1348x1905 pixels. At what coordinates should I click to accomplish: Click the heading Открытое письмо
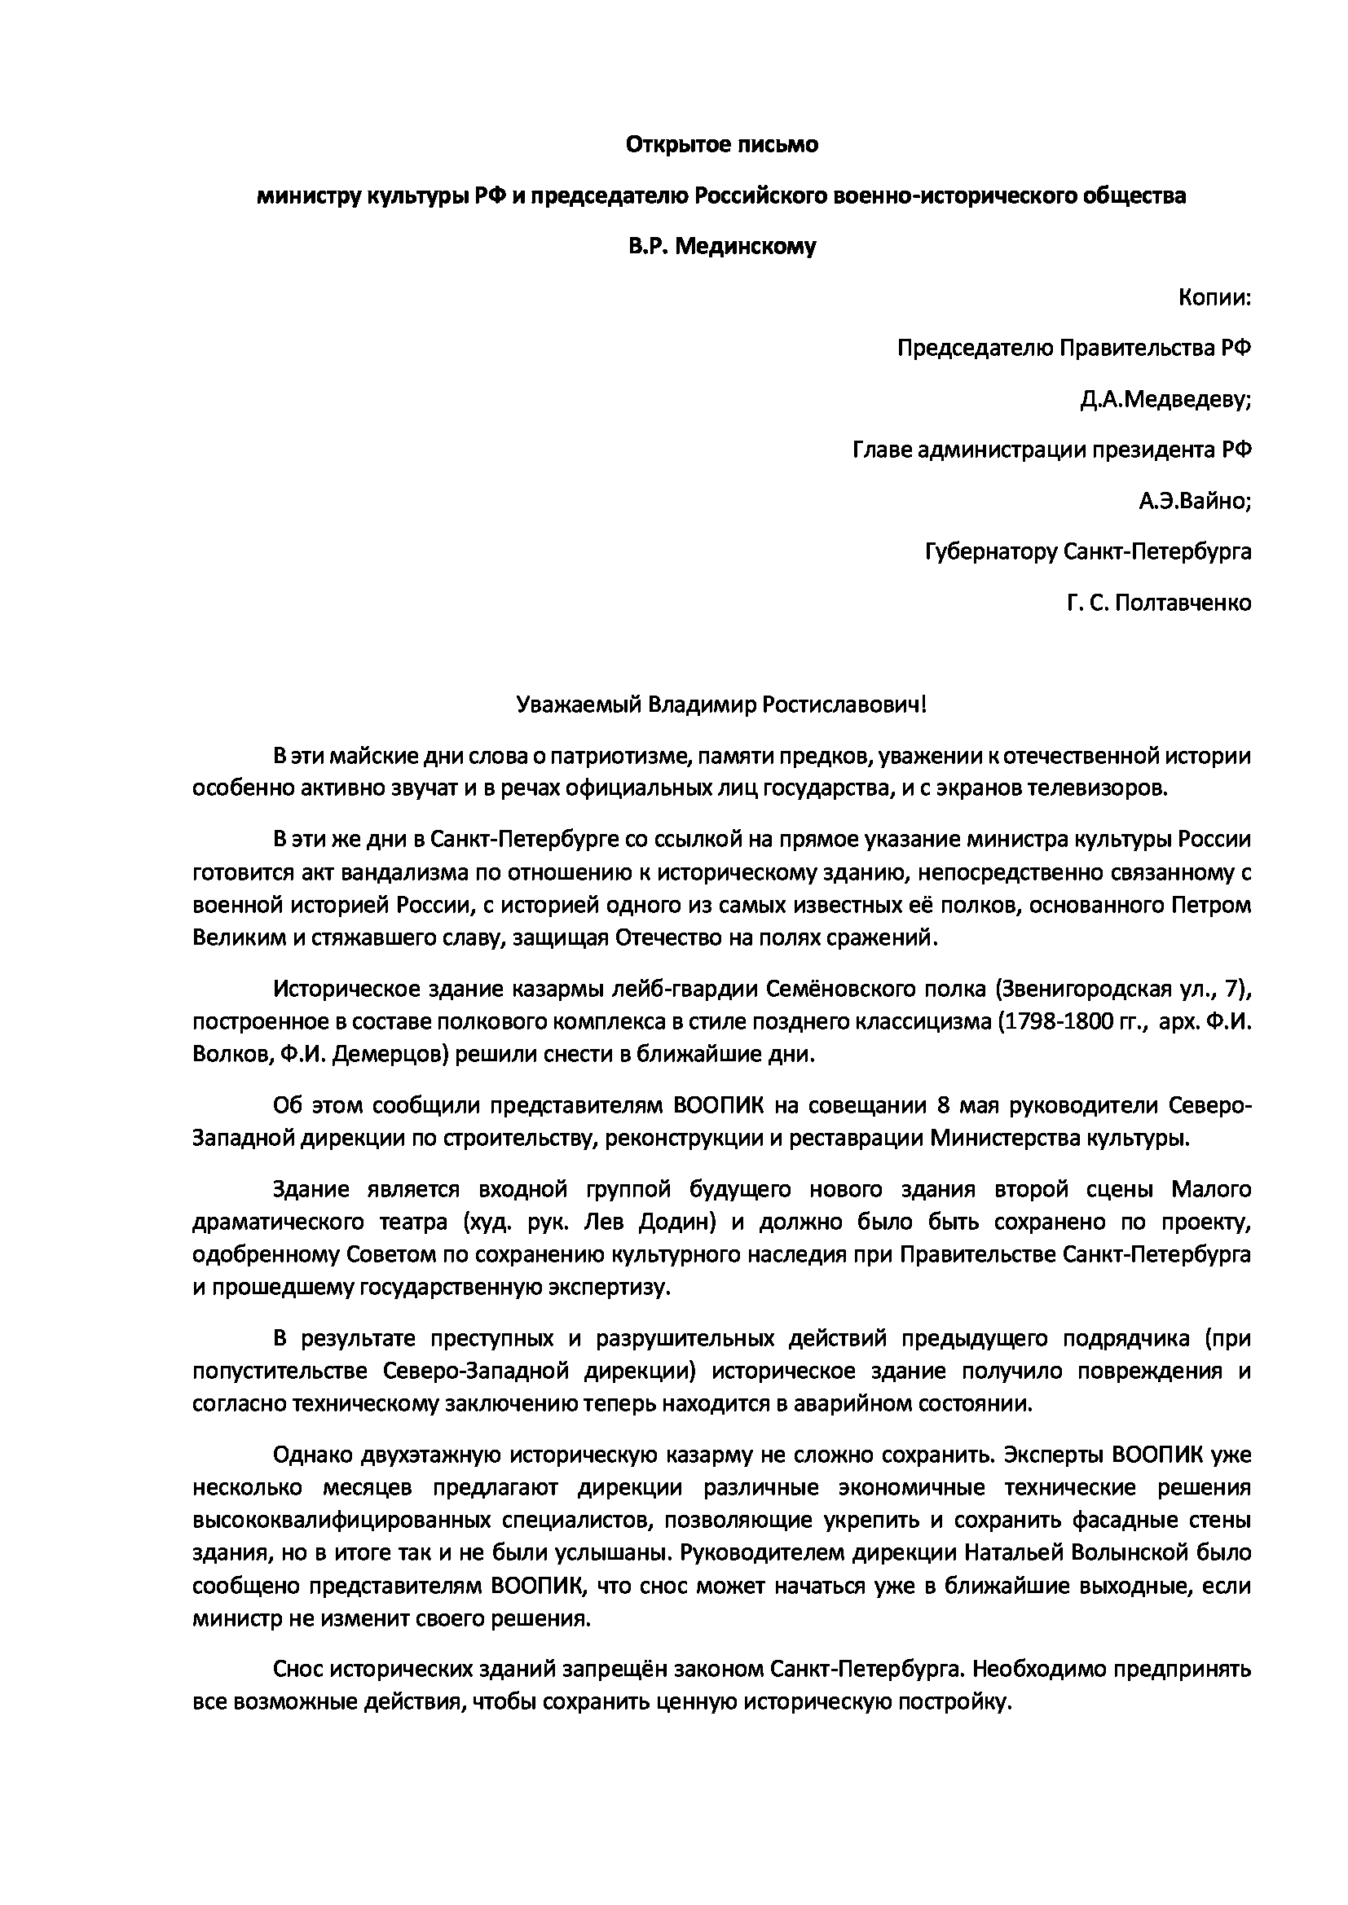click(721, 145)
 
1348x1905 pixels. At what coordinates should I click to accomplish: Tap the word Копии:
click(1214, 298)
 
